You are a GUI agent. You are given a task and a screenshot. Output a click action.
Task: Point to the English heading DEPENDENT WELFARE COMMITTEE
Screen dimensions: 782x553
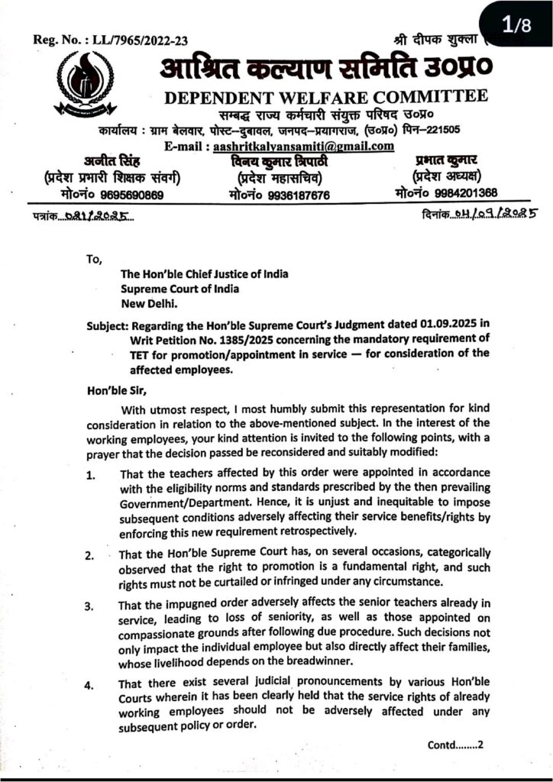(324, 97)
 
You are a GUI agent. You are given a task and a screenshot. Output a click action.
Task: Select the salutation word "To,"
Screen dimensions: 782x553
(95, 259)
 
